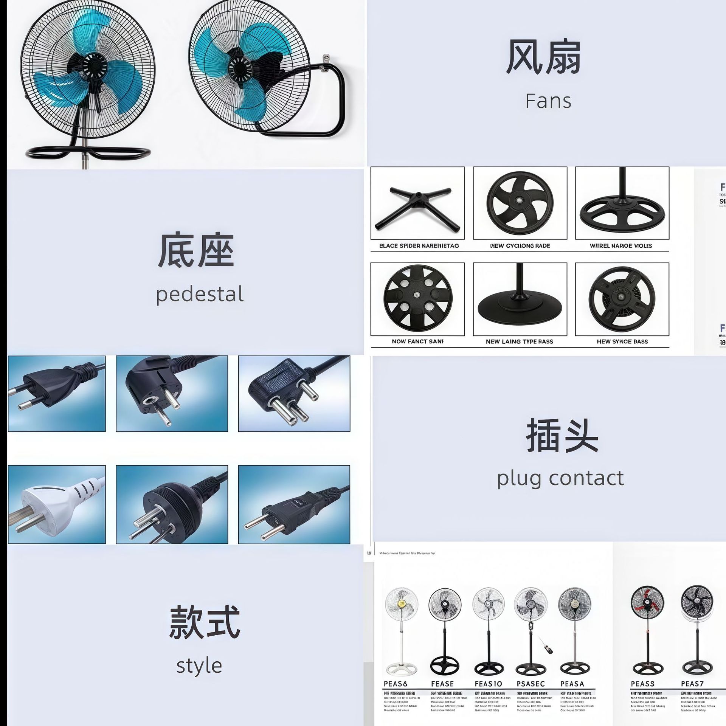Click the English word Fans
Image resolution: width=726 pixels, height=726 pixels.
(x=548, y=101)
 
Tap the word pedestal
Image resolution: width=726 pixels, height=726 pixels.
(x=200, y=295)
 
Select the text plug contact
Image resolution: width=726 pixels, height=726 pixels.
(x=560, y=478)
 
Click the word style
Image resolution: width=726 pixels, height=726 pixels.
(x=199, y=666)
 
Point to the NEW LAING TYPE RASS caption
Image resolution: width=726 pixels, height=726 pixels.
(x=519, y=341)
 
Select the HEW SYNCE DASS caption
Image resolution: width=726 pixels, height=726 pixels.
(x=622, y=341)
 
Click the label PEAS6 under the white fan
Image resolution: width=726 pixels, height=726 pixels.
(x=396, y=684)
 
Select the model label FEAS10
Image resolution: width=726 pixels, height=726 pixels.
(x=488, y=684)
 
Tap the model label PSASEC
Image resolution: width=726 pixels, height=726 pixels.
(x=531, y=684)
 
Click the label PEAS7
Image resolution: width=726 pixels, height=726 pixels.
(x=692, y=684)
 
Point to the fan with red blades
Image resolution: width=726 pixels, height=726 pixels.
(x=647, y=603)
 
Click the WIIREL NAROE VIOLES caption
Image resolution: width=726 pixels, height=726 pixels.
(x=621, y=246)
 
